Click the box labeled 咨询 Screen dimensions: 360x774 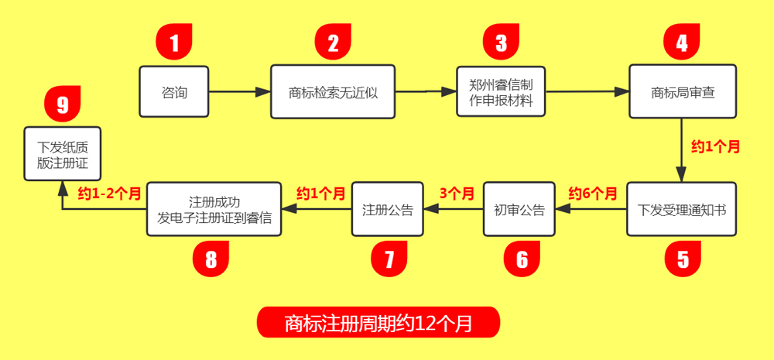tap(174, 92)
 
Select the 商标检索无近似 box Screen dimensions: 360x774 tap(333, 92)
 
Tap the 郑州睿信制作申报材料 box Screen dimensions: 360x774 tap(501, 92)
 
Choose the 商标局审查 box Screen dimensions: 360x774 tap(682, 92)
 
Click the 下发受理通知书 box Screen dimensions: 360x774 tap(681, 210)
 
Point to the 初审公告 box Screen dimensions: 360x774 tap(519, 210)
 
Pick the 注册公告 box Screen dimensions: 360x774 tap(388, 210)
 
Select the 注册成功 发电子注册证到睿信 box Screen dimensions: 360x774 tap(214, 210)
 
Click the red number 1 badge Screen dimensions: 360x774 tap(174, 42)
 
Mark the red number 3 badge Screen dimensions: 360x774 tap(502, 42)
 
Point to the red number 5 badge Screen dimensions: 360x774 tap(683, 259)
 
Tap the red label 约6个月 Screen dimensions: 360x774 tap(593, 194)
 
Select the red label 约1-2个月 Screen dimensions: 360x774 tap(109, 194)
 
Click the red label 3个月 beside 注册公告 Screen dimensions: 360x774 tap(456, 194)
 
